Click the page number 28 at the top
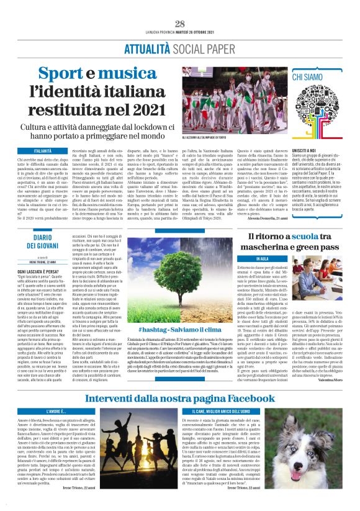[180, 24]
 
